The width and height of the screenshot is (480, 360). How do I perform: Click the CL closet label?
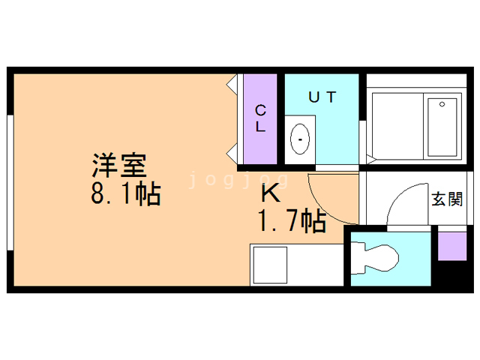[260, 118]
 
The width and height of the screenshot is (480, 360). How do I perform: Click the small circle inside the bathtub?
[443, 104]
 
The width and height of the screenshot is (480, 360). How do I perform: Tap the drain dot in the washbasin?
[301, 139]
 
